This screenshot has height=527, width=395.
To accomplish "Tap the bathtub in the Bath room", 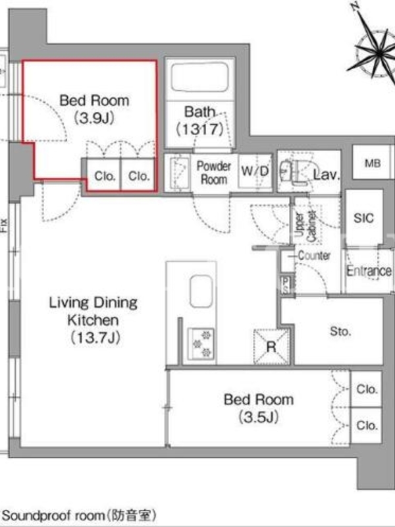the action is pos(200,77).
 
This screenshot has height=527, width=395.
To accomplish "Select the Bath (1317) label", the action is pos(200,121).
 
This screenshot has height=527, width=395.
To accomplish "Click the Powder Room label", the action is pos(214,173).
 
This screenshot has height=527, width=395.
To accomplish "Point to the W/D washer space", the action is pos(255,171).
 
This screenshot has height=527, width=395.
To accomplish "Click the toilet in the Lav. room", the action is pos(292,171).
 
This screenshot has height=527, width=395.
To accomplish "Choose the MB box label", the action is pos(373,163).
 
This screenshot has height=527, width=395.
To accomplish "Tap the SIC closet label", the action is pos(364,218).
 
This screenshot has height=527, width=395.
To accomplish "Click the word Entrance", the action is pos(369,271).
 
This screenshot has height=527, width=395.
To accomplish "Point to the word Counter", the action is pos(314,256).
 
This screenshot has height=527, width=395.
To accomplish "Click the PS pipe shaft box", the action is pos(286,285).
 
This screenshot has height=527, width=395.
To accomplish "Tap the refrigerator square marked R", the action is pos(271,347).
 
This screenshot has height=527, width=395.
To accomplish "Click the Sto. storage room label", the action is pos(340,332).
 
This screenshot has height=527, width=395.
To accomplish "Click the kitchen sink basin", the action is pos(201,291).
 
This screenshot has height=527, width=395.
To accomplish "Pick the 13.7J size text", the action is pos(95,337).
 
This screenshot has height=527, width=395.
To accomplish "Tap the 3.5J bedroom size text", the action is pos(259,417).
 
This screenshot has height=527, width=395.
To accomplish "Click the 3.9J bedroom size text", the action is pos(94,118).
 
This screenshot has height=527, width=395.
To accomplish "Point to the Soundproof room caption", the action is pos(79,515).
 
